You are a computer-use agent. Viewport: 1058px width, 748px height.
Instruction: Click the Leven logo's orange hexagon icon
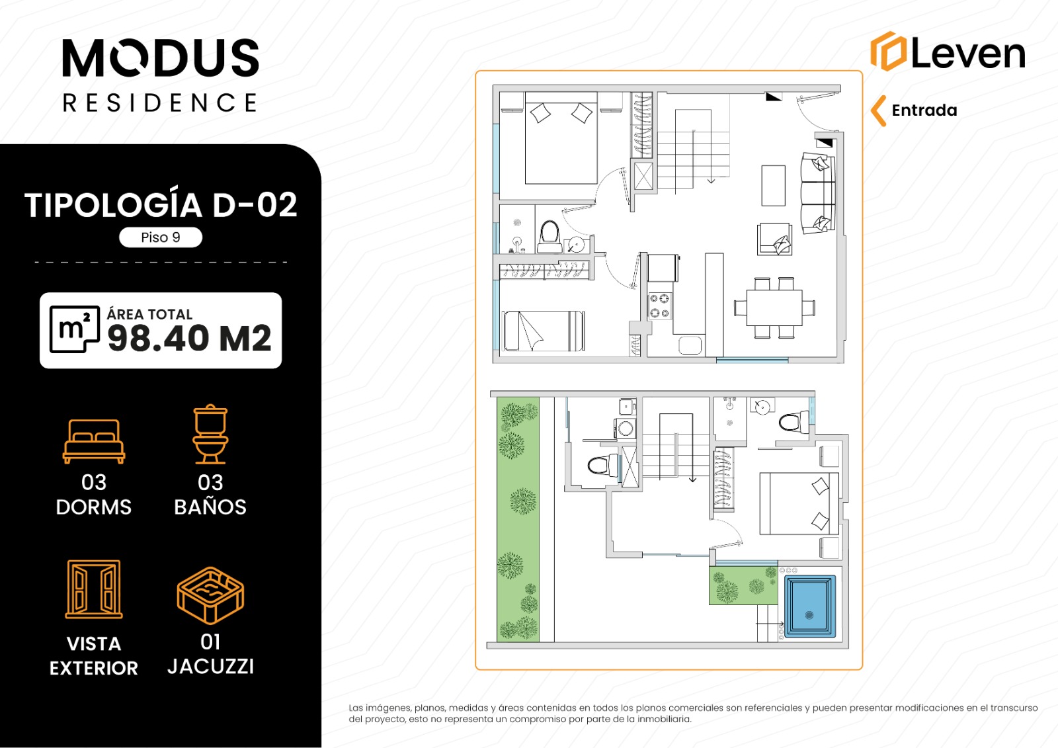pos(888,51)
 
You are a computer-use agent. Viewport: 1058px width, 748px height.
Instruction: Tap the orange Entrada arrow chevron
pos(877,111)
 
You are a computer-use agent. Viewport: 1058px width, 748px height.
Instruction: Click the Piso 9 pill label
pos(161,237)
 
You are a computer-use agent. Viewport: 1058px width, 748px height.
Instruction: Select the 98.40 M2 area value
pos(189,339)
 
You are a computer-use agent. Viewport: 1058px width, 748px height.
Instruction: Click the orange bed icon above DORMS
pos(94,441)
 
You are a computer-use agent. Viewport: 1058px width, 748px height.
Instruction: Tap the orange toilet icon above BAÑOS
pos(210,435)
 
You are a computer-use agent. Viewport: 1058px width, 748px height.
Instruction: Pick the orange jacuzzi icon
pos(210,595)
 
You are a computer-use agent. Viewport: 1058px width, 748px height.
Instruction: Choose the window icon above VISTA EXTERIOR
pos(94,589)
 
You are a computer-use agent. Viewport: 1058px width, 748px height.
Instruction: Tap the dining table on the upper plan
pos(774,308)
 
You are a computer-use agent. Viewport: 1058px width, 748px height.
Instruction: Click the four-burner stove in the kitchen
pos(659,306)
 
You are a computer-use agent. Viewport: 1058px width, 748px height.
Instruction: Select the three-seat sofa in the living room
pos(818,193)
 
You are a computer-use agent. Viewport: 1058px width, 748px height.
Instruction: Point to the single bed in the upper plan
pos(544,331)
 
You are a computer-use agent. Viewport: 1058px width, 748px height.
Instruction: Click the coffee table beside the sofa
pos(773,185)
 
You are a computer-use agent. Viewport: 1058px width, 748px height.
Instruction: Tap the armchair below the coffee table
pos(774,239)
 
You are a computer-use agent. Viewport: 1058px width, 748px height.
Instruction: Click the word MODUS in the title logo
pos(161,58)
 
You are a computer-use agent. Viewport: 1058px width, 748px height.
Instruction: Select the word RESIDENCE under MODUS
pos(160,103)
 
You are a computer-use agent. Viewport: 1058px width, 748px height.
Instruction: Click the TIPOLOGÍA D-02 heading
pos(161,205)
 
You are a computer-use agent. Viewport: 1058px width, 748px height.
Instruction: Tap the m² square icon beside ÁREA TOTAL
pos(75,329)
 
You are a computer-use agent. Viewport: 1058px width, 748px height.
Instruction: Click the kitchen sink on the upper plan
pos(690,345)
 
